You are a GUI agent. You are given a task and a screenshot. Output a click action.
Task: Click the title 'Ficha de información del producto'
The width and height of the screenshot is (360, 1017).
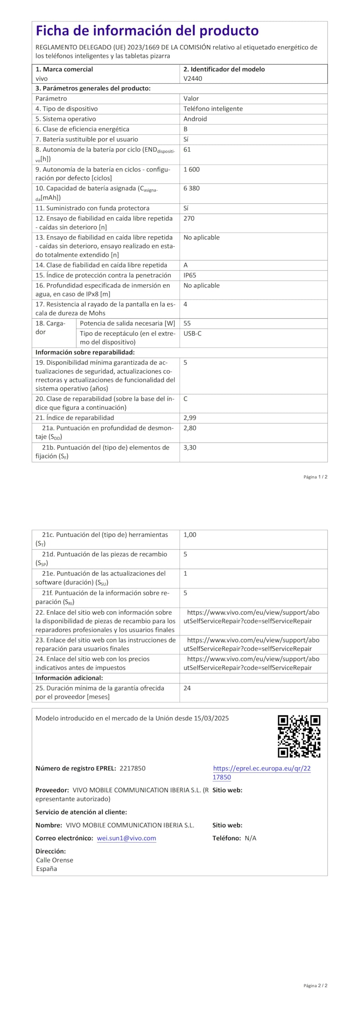click(x=147, y=31)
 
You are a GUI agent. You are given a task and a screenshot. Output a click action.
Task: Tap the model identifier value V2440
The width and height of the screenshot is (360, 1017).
click(x=193, y=79)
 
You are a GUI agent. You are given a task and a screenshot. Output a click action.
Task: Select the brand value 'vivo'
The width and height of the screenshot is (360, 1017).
click(x=41, y=79)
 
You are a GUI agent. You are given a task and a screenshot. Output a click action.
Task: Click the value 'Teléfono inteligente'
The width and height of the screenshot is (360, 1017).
click(x=213, y=109)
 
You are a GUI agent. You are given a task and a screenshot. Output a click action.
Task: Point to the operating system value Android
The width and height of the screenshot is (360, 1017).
click(x=195, y=119)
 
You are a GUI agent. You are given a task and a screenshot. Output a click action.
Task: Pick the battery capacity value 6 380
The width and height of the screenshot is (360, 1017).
click(x=192, y=188)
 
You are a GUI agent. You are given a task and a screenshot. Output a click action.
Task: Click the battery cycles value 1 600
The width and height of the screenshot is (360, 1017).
click(x=192, y=169)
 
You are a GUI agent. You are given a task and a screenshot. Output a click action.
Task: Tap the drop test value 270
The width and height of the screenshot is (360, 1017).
click(x=189, y=218)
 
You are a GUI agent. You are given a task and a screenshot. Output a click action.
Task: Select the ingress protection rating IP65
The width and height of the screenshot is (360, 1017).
click(x=190, y=275)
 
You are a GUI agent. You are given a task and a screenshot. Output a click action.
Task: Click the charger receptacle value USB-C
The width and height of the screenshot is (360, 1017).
click(x=192, y=334)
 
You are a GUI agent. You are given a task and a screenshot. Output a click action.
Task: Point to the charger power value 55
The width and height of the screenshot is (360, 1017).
click(x=187, y=323)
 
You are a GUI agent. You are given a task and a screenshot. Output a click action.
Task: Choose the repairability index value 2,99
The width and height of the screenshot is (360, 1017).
click(x=190, y=418)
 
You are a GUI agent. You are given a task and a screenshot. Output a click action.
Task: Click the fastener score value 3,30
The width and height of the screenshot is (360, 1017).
click(x=190, y=448)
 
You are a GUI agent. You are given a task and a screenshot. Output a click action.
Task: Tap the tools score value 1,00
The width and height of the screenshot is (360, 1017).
click(x=190, y=535)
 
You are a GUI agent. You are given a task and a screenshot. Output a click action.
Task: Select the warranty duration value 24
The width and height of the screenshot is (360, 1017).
click(x=187, y=688)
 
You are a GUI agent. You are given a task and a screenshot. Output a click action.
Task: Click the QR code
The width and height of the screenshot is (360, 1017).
click(x=299, y=736)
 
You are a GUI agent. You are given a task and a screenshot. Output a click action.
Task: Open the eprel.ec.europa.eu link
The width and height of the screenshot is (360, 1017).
click(x=261, y=773)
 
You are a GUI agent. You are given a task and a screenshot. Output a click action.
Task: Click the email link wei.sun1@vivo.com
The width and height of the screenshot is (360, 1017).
click(x=126, y=838)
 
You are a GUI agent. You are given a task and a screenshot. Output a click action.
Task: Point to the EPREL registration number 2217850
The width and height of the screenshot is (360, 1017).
click(x=132, y=768)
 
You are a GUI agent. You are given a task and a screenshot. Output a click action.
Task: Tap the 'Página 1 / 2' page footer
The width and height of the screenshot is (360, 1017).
click(x=315, y=477)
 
